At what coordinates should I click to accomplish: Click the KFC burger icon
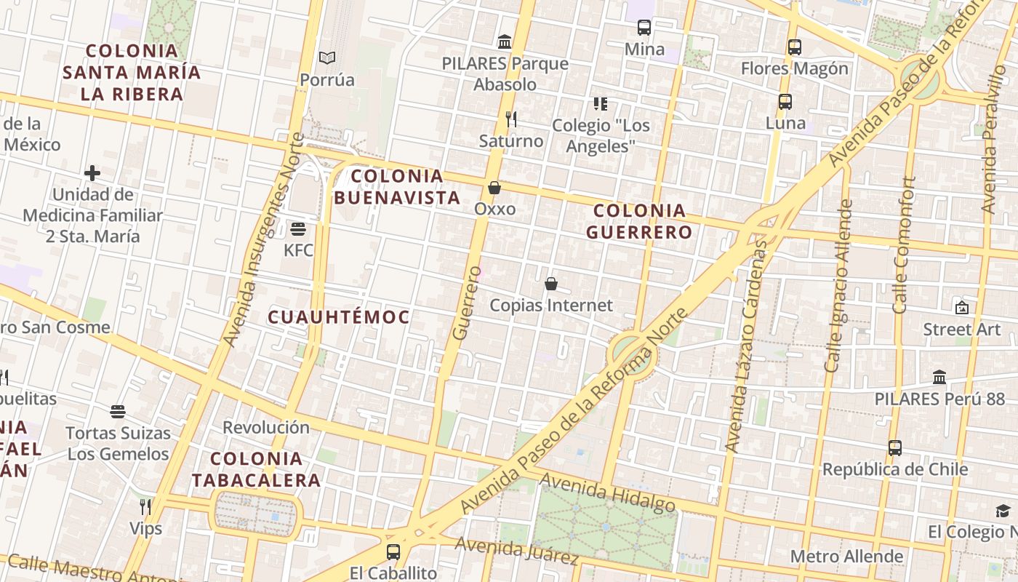click(x=297, y=229)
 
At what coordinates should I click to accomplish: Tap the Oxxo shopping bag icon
click(x=494, y=188)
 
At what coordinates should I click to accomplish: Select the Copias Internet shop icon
click(x=551, y=284)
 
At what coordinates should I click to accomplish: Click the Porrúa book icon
click(x=327, y=57)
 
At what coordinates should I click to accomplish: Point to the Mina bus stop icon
click(x=644, y=28)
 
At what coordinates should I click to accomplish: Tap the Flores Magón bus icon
click(x=795, y=47)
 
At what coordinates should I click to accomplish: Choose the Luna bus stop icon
click(x=785, y=102)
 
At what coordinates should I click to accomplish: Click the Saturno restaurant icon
click(x=511, y=119)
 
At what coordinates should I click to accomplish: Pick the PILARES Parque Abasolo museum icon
click(x=505, y=41)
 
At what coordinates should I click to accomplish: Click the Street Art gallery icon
click(x=962, y=308)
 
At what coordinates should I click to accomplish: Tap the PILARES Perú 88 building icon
click(x=939, y=377)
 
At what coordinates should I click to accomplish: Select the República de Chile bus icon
click(x=895, y=447)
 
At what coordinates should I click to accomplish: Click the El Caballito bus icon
click(x=393, y=551)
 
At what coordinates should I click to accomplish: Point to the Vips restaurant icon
click(x=145, y=506)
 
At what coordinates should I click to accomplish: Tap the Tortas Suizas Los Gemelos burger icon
click(x=118, y=412)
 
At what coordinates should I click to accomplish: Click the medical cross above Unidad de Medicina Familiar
click(x=92, y=173)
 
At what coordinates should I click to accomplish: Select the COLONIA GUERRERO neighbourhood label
click(x=639, y=222)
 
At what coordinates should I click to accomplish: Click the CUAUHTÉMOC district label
click(x=339, y=317)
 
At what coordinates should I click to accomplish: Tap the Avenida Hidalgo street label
click(x=608, y=493)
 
